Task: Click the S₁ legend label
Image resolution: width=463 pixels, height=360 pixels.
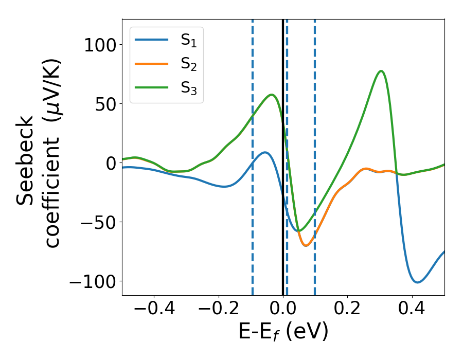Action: tap(188, 41)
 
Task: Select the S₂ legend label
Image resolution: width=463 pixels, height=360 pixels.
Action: tap(188, 64)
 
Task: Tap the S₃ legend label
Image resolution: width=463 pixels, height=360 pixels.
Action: tap(188, 88)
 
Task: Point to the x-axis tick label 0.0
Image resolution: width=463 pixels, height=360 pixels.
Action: tap(283, 310)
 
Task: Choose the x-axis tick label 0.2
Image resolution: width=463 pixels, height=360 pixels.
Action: tap(347, 310)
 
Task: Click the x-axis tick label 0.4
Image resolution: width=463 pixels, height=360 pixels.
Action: tap(412, 310)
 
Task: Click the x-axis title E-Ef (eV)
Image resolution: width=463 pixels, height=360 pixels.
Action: tap(283, 332)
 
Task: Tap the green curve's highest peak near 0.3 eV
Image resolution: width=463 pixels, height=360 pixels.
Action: tap(381, 71)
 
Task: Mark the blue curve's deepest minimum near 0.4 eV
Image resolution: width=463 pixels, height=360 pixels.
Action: tap(417, 282)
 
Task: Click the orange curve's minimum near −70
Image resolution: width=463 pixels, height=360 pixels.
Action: tap(306, 245)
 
